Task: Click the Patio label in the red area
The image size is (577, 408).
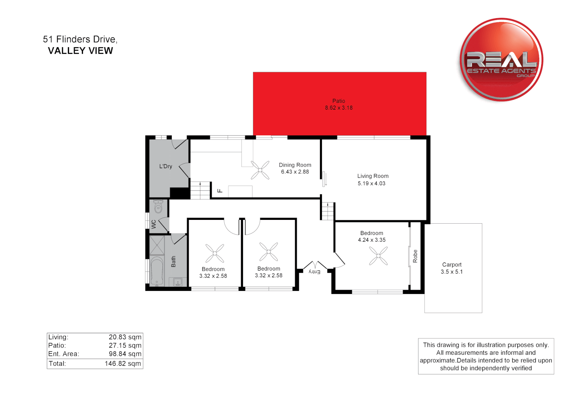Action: point(339,101)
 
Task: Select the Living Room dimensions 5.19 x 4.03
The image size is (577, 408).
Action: point(372,184)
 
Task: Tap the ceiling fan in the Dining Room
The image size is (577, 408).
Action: point(260,170)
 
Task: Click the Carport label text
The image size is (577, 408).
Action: point(452,265)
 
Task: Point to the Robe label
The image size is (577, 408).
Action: point(415,256)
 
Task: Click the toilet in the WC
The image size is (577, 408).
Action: point(158,207)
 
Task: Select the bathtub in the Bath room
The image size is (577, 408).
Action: point(157,270)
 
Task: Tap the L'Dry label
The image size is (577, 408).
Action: point(166,166)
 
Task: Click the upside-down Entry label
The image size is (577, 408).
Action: point(314,272)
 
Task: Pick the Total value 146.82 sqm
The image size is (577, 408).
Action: point(123,364)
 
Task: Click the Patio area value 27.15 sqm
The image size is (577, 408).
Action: point(125,346)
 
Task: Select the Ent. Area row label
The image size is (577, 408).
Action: point(63,354)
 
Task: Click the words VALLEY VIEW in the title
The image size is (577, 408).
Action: point(80,51)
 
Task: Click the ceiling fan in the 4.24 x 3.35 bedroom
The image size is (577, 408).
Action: point(378,256)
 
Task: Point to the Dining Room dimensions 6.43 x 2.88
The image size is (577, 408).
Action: point(295,172)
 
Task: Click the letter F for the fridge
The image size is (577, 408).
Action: point(220,191)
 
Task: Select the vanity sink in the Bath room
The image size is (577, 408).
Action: point(178,282)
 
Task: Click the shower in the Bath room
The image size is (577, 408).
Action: point(157,245)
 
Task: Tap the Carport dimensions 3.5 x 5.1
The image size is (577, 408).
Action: point(452,272)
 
